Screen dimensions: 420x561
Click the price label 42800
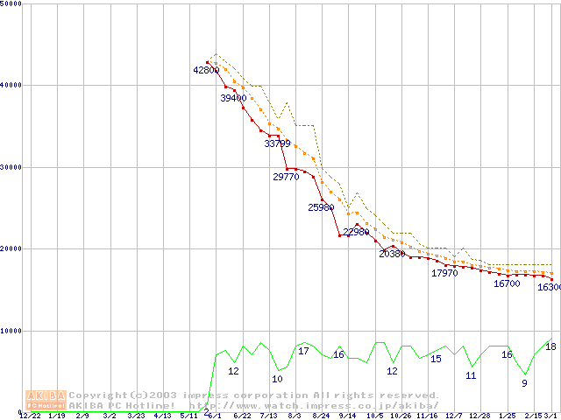click(x=207, y=70)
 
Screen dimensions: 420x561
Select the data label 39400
click(x=233, y=99)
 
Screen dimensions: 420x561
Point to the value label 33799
click(x=277, y=143)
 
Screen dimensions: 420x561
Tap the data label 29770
click(x=286, y=177)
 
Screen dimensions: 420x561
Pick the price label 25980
click(x=321, y=208)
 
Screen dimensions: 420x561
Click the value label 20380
click(x=392, y=254)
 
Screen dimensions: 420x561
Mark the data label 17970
click(x=444, y=274)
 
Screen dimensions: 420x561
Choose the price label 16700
click(x=507, y=283)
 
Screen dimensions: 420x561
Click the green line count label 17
click(x=303, y=352)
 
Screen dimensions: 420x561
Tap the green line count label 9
click(x=524, y=383)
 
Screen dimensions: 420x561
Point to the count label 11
click(x=471, y=375)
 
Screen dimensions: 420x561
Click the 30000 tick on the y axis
click(x=11, y=167)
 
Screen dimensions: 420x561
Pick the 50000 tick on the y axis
click(x=11, y=4)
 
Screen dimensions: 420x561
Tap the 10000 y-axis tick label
click(x=11, y=331)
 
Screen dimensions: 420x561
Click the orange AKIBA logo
click(x=46, y=400)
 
